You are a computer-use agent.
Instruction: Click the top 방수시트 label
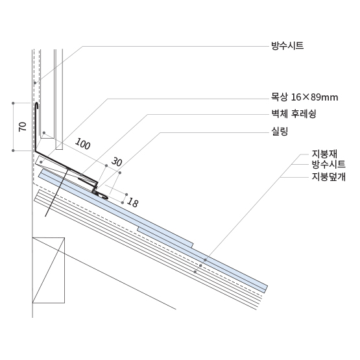tap(287, 46)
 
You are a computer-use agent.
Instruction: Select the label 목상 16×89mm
tap(304, 97)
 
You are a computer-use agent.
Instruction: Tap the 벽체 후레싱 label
tap(294, 114)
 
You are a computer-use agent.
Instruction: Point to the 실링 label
tap(280, 131)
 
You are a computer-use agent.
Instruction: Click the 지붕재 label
tap(324, 154)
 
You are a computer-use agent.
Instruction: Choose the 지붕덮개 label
tap(329, 177)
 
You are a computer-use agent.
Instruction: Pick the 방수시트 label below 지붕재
tap(329, 164)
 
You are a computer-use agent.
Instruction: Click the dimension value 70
tap(23, 126)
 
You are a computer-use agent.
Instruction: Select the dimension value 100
tap(82, 144)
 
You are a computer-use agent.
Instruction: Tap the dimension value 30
tap(117, 162)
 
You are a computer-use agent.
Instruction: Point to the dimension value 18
tap(132, 202)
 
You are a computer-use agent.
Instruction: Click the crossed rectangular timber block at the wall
tap(49, 270)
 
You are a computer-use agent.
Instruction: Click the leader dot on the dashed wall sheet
tap(35, 83)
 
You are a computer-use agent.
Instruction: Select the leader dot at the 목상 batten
tap(41, 162)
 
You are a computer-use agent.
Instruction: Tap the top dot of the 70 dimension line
tap(13, 103)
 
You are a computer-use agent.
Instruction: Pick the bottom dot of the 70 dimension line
tap(13, 150)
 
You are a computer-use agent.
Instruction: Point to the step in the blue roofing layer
tap(192, 245)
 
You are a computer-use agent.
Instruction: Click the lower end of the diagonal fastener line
tap(45, 216)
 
